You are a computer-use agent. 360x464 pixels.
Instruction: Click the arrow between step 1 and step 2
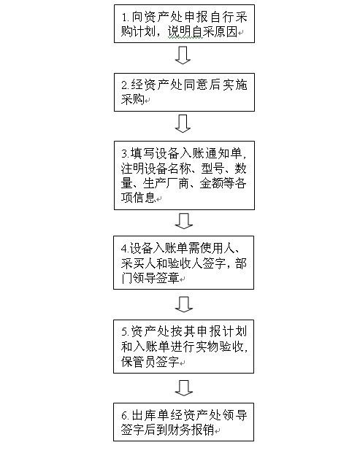pos(183,55)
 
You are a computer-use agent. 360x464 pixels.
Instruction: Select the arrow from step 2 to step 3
pos(183,124)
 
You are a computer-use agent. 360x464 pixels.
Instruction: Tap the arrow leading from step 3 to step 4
pos(184,221)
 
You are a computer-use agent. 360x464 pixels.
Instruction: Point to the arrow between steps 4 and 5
pos(184,304)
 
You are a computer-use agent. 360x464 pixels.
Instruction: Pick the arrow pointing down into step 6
pos(184,388)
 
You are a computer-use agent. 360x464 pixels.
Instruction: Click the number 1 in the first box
pos(124,18)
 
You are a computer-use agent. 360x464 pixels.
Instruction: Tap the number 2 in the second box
pos(124,85)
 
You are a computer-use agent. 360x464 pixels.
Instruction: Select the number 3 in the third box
pos(124,154)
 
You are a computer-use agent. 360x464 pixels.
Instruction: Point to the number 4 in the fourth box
pos(124,249)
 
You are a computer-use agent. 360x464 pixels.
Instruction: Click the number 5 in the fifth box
pos(124,332)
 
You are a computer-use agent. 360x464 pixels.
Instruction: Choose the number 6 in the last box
pos(124,415)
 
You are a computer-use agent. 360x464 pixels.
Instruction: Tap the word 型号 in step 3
pos(212,169)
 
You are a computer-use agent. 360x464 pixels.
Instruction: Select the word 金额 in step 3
pos(211,183)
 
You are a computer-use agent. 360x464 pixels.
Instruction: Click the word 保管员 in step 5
pos(138,361)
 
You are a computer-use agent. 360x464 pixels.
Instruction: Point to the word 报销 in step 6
pos(202,430)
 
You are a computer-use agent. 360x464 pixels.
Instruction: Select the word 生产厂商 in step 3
pos(166,183)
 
